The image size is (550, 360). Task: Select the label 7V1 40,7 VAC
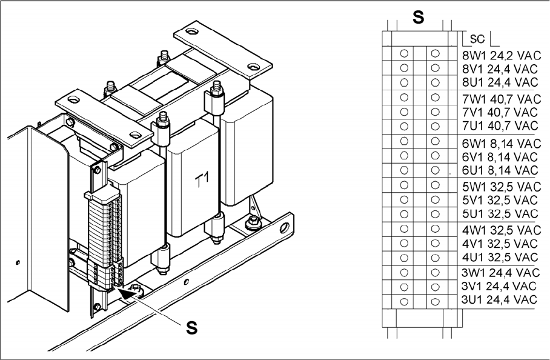click(499, 112)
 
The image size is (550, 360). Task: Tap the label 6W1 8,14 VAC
click(500, 144)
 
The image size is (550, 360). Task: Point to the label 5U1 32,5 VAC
click(499, 214)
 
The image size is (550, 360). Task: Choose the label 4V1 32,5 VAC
click(499, 244)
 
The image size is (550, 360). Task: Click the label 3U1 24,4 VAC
click(499, 300)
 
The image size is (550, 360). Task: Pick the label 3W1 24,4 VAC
click(500, 273)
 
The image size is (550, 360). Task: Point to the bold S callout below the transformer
click(191, 328)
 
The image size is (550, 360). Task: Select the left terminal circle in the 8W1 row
click(404, 53)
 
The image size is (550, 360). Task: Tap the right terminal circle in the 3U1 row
click(435, 301)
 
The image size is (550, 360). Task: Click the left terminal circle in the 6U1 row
click(404, 170)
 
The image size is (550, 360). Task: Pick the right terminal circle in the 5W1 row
click(435, 185)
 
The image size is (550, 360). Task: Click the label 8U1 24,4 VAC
click(499, 82)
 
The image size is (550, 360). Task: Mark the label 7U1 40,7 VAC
click(499, 126)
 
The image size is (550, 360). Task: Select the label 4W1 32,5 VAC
click(500, 230)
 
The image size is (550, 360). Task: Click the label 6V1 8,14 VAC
click(499, 156)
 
